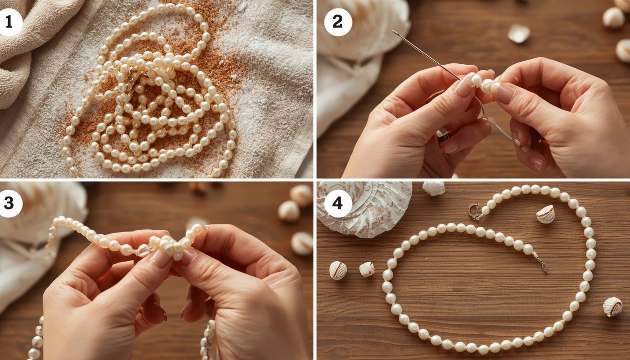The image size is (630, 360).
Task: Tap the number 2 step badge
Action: [338, 22]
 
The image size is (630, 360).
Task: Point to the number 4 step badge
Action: [338, 204]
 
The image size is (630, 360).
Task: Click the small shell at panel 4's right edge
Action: [612, 307]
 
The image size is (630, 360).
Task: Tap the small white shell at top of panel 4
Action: [433, 188]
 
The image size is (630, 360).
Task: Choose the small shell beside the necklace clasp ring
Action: [545, 214]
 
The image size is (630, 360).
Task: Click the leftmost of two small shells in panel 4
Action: [338, 270]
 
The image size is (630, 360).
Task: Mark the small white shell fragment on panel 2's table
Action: [518, 33]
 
